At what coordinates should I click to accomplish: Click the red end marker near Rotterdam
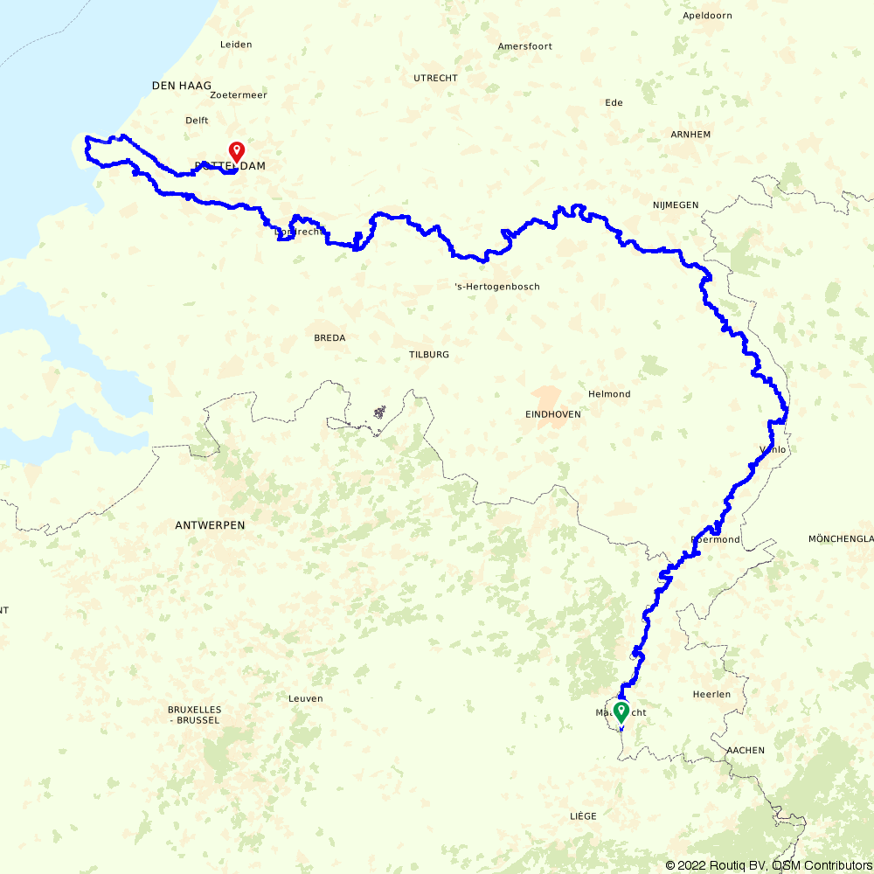236,151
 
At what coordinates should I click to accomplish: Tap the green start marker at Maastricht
621,711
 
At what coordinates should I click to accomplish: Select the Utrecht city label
435,78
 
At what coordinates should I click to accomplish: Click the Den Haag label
182,86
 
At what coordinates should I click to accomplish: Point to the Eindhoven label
552,414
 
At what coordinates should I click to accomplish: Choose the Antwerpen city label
210,525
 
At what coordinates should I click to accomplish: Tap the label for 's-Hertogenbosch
497,287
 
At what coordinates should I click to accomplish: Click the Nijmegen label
675,205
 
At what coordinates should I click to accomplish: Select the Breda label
329,337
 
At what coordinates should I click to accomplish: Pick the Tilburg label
428,355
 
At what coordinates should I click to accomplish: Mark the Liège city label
583,815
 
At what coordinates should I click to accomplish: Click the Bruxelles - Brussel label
194,715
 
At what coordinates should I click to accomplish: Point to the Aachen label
745,750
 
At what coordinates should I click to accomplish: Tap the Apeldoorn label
707,16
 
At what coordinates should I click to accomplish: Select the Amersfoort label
524,46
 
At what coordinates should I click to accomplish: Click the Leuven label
305,698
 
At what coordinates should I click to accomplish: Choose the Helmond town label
609,394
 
